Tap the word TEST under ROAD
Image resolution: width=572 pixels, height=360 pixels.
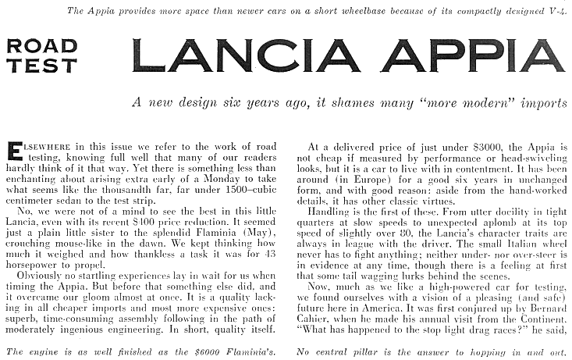41,66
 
